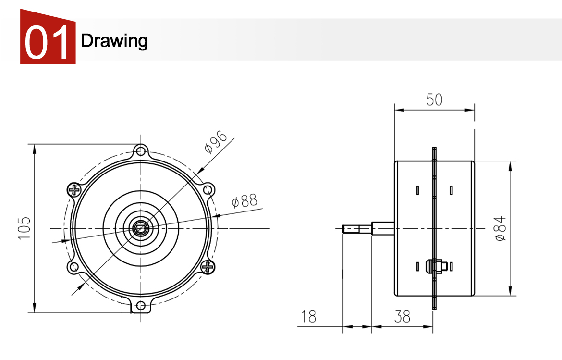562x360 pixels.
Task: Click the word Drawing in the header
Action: click(x=114, y=41)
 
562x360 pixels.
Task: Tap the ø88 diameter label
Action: click(x=244, y=200)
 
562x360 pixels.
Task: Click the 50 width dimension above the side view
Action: click(x=434, y=100)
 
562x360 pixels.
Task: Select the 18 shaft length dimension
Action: click(x=309, y=317)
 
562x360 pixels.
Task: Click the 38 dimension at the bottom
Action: click(x=402, y=317)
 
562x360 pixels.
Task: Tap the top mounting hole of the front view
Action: click(x=140, y=151)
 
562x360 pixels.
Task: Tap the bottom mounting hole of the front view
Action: click(x=140, y=305)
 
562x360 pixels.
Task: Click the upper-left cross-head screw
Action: click(x=74, y=190)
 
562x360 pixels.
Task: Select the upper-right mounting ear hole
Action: click(x=208, y=190)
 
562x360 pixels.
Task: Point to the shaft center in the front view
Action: click(x=140, y=228)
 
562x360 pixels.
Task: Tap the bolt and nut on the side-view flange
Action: click(x=439, y=266)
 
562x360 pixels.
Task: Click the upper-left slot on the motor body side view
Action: click(x=418, y=190)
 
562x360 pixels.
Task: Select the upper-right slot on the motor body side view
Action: click(x=452, y=190)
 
